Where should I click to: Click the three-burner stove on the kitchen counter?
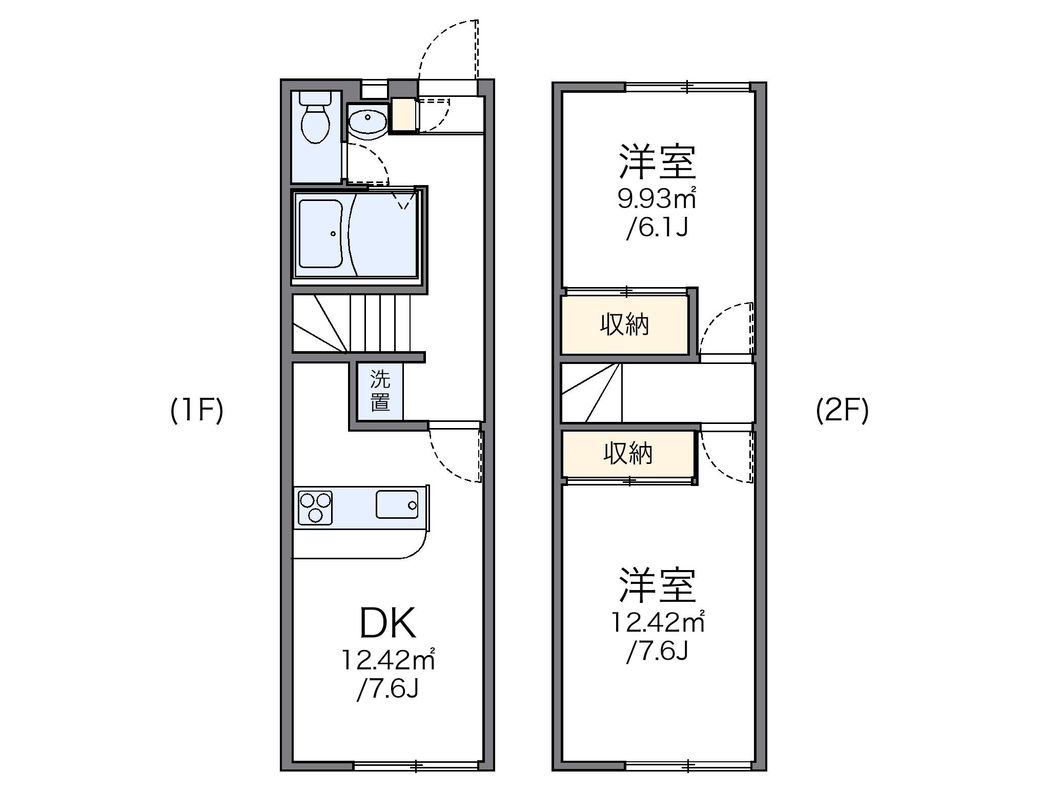[315, 508]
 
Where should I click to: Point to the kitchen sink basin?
[397, 504]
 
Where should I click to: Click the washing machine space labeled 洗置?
[380, 391]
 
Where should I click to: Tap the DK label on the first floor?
[387, 623]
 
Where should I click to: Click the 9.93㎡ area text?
[657, 199]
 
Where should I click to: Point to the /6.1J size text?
[657, 228]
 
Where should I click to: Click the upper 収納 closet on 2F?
[624, 325]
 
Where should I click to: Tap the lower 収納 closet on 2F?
[627, 453]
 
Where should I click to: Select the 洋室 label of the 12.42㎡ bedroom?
[657, 585]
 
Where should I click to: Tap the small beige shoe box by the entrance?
[402, 115]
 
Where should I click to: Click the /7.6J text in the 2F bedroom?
[657, 652]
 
